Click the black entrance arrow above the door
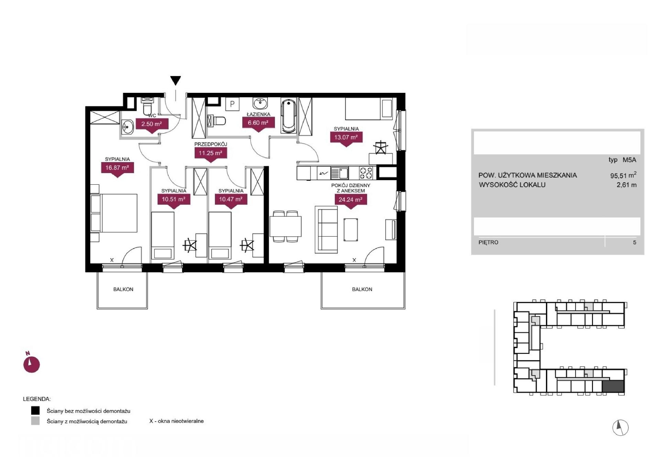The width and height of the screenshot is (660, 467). (x=176, y=80)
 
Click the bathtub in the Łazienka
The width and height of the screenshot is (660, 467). (x=288, y=116)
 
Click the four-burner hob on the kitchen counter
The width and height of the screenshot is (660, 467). (x=366, y=173)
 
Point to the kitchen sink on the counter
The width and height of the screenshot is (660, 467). (x=340, y=173)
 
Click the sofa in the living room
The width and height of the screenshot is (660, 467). (x=326, y=230)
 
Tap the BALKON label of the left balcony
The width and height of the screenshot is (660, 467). (x=123, y=290)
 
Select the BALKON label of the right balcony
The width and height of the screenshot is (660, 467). (x=362, y=290)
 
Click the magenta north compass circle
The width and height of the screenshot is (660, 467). (x=32, y=365)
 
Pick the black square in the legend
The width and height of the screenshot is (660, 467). (x=35, y=411)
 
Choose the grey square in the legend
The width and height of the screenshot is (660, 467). (x=35, y=421)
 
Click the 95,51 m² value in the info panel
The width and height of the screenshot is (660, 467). (x=623, y=175)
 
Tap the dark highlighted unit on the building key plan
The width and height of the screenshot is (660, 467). (x=613, y=387)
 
